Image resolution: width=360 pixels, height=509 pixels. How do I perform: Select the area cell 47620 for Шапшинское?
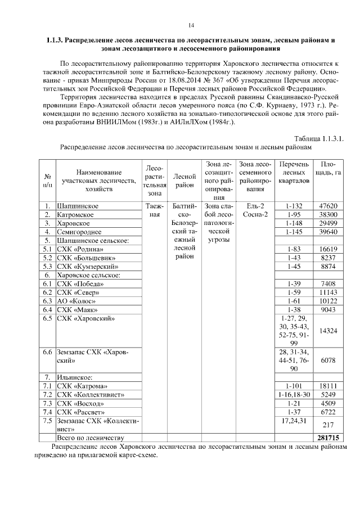pyautogui.click(x=328, y=206)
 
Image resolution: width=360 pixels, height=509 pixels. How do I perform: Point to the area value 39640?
pyautogui.click(x=328, y=232)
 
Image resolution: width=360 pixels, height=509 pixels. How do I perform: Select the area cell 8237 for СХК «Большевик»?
pyautogui.click(x=328, y=258)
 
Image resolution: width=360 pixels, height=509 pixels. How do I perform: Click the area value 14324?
pyautogui.click(x=328, y=331)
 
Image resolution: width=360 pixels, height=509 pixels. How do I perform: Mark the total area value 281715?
pyautogui.click(x=327, y=437)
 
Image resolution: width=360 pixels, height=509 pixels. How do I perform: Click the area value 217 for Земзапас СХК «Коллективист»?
pyautogui.click(x=328, y=425)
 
